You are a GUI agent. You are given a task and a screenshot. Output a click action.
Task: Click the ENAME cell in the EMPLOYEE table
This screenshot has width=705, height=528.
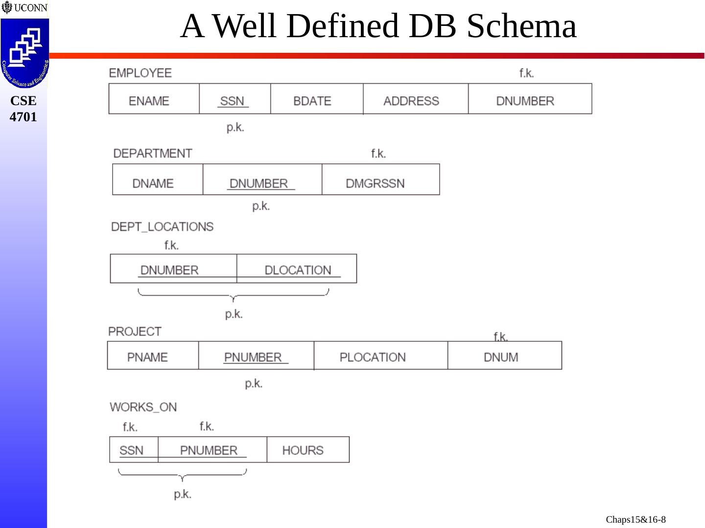point(149,101)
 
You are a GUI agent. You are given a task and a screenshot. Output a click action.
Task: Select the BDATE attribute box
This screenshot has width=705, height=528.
point(312,101)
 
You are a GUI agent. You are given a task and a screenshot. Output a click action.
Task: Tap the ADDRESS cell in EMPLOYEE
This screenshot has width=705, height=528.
point(411,101)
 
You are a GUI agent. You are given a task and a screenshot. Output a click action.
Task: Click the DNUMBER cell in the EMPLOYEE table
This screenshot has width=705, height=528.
point(525,101)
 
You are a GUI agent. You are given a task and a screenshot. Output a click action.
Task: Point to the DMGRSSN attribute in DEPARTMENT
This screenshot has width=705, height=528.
point(375,183)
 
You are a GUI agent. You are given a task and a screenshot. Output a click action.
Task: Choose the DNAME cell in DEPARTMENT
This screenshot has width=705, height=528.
point(153,183)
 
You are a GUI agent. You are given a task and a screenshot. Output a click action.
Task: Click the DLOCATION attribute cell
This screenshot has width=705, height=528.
point(298,270)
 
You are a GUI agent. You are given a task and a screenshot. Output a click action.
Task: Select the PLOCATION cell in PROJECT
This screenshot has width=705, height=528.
point(373,357)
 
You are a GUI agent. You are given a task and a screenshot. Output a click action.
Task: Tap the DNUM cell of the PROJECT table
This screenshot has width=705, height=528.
point(501,357)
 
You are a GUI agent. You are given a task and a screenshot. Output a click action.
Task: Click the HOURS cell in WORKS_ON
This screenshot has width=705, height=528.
point(303,450)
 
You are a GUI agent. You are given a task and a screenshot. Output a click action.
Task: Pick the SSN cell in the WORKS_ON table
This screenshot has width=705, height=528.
point(131,450)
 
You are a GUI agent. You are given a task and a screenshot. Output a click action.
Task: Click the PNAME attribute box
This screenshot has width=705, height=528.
point(147,357)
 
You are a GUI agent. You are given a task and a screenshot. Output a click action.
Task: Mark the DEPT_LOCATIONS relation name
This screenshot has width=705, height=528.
point(162,227)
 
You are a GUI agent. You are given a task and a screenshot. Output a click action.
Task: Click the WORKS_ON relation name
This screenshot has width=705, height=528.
point(143,407)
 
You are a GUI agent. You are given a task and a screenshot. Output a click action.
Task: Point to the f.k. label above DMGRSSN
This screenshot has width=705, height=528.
point(378,154)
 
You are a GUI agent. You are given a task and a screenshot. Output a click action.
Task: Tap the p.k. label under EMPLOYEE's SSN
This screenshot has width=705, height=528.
point(235,128)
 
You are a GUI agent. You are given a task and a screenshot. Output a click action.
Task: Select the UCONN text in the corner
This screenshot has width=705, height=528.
point(30,8)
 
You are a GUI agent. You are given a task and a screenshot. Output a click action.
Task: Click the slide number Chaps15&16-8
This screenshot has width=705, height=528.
point(635,519)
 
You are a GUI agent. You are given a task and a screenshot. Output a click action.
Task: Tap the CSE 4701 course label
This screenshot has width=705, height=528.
point(23,109)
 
